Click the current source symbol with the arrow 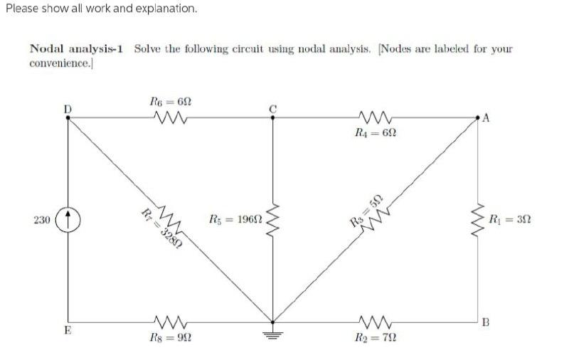coord(69,220)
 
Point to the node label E coord(68,330)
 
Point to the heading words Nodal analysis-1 coord(77,49)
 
